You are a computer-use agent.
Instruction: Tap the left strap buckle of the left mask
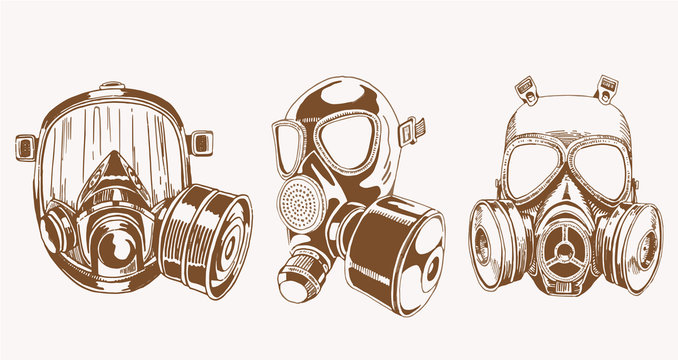click(26, 147)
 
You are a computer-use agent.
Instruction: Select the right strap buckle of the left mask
click(203, 142)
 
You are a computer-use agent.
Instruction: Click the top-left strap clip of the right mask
click(527, 89)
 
